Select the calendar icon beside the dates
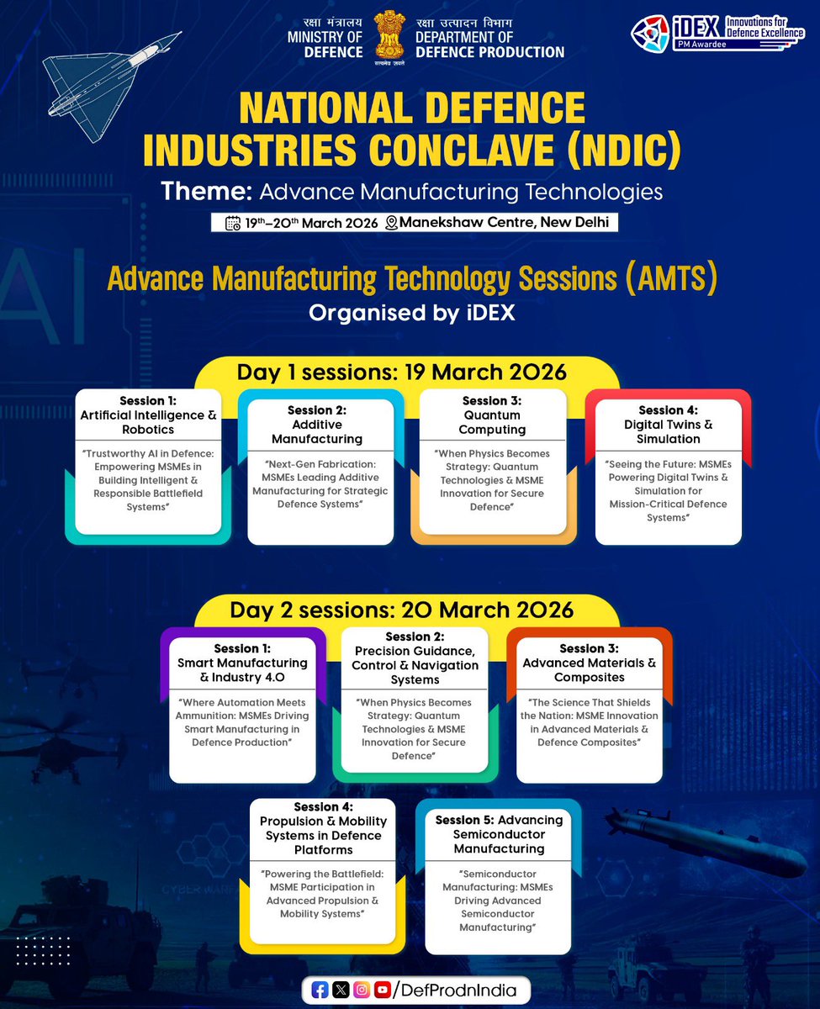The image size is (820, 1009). [233, 223]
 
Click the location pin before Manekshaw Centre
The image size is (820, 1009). [391, 223]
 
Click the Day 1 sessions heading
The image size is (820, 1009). [401, 372]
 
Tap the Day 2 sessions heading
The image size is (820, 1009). [402, 609]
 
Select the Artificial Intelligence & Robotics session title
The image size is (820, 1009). [148, 415]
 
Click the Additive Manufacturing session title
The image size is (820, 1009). [317, 425]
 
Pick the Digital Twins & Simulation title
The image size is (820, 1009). [668, 425]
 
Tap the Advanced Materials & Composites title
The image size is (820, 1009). [589, 663]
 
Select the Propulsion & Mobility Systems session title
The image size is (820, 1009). [323, 828]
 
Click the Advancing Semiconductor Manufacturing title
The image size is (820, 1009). [499, 834]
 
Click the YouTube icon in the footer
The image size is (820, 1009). [382, 991]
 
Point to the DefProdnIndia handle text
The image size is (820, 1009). [462, 991]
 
